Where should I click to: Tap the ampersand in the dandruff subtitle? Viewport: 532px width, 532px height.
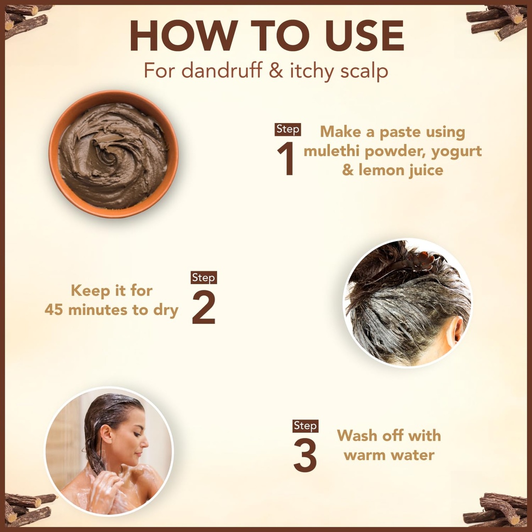pyautogui.click(x=276, y=71)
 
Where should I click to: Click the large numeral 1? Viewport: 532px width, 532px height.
pyautogui.click(x=285, y=158)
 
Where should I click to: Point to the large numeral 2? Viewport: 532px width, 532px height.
pyautogui.click(x=204, y=308)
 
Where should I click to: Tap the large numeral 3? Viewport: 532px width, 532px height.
pyautogui.click(x=305, y=456)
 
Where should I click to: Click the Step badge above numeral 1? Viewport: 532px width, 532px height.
pyautogui.click(x=288, y=129)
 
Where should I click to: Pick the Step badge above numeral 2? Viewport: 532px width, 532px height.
pyautogui.click(x=204, y=277)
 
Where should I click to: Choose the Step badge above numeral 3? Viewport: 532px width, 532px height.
pyautogui.click(x=305, y=426)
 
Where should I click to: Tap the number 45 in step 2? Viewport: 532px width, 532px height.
pyautogui.click(x=54, y=310)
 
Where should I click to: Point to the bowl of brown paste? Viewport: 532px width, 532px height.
pyautogui.click(x=113, y=154)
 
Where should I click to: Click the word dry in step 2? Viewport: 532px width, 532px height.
pyautogui.click(x=166, y=311)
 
